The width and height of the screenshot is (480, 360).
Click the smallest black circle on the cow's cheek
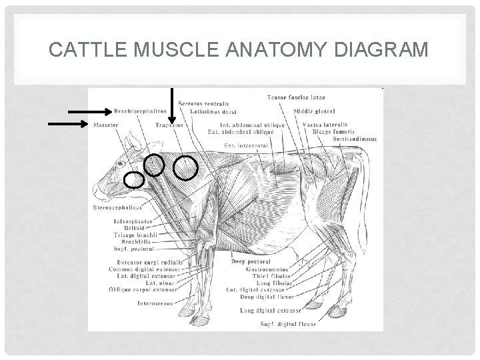tap(135, 179)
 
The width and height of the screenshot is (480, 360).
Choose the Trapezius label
tap(169, 125)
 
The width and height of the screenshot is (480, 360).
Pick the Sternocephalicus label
tap(118, 207)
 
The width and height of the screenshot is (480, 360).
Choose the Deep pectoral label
tap(247, 262)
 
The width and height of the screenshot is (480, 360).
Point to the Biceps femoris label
tap(333, 132)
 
